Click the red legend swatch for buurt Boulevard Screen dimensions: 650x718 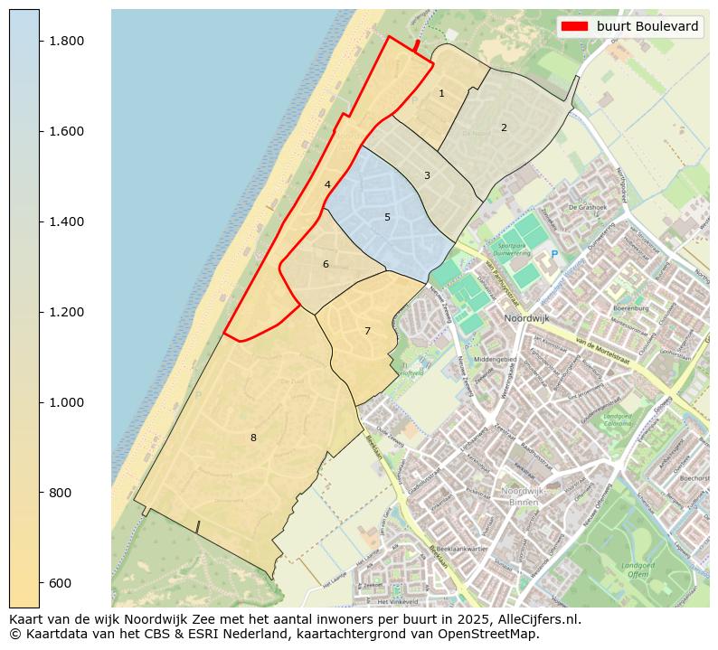tap(575, 26)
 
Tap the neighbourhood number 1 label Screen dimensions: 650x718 tap(441, 93)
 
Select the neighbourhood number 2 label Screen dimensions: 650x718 tap(504, 127)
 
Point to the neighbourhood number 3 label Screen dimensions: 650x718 tap(427, 175)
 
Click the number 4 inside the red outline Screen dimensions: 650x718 tap(327, 184)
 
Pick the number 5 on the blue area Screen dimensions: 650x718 tap(387, 217)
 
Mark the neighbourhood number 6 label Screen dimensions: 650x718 tap(326, 264)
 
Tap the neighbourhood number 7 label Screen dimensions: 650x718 tap(367, 331)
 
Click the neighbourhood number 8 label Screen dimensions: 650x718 tap(253, 438)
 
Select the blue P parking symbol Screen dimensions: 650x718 tap(554, 255)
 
